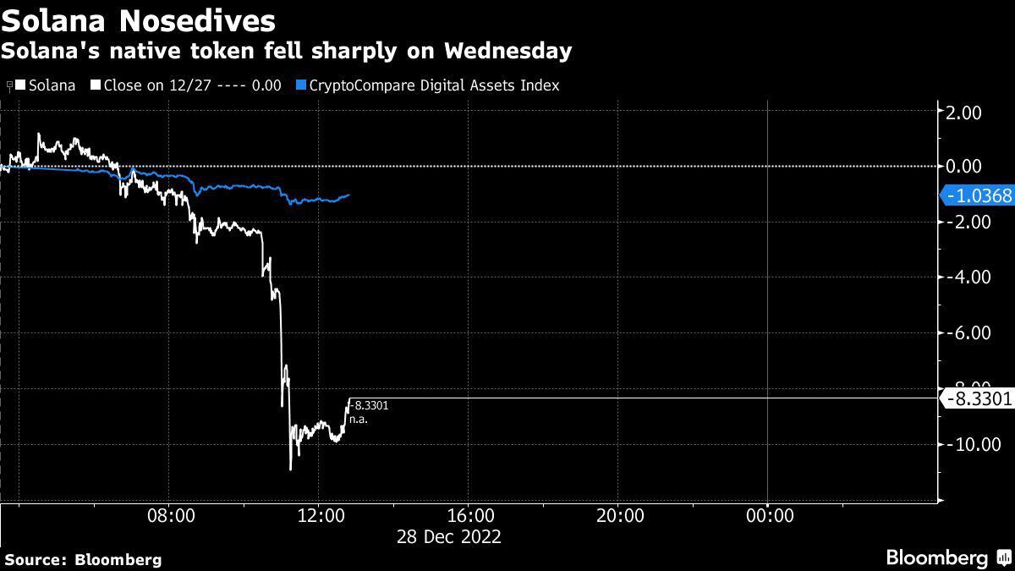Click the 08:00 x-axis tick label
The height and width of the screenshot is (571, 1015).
[x=171, y=515]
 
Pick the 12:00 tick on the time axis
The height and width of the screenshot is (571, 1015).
[x=319, y=515]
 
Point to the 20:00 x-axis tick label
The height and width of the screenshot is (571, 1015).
[x=618, y=515]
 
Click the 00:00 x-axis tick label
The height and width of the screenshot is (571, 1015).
[x=767, y=515]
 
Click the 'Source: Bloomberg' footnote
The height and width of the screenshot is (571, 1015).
[x=83, y=559]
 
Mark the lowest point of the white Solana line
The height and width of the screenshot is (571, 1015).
[x=290, y=469]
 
